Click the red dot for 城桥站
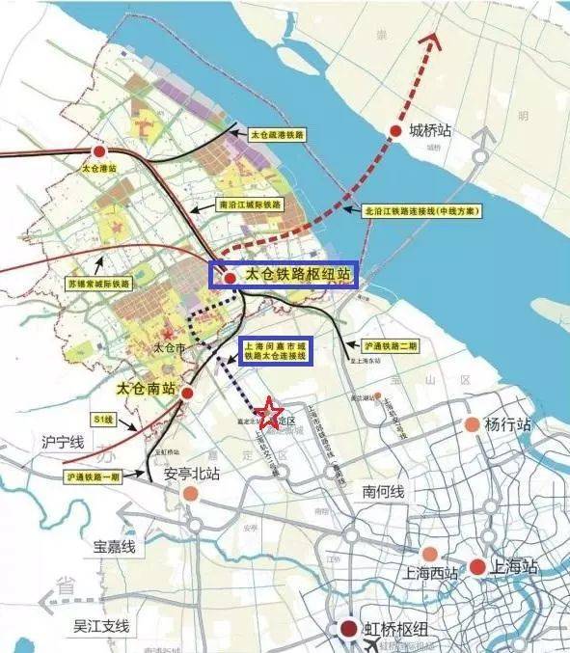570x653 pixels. pos(395,132)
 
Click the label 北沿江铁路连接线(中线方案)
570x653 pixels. pos(422,210)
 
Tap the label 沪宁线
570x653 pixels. pos(64,443)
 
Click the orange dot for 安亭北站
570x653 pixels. pos(191,494)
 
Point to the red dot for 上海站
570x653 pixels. pos(477,567)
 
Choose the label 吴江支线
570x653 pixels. pos(101,627)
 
